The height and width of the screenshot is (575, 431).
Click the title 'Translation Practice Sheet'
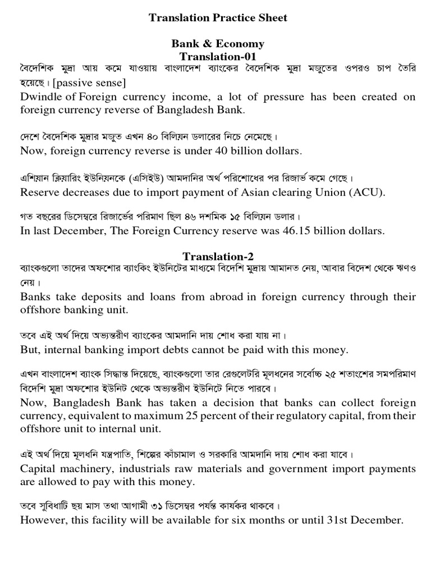tap(218, 18)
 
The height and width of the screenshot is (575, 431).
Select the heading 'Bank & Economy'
tap(218, 44)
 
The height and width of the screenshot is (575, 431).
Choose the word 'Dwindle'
tap(39, 97)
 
